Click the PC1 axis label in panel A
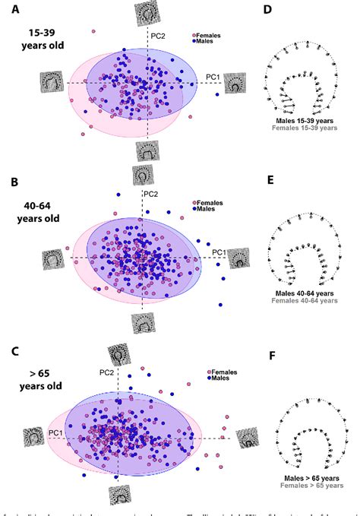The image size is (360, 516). [213, 76]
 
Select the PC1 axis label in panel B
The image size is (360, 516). [219, 252]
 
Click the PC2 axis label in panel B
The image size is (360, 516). [151, 193]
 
